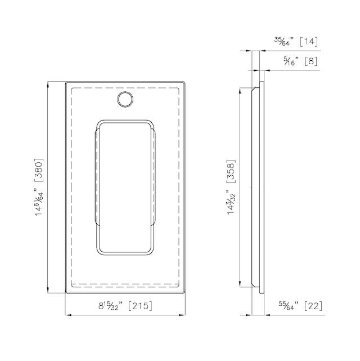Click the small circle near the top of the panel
tap(125, 99)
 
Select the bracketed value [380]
tap(38, 171)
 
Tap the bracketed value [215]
tap(139, 306)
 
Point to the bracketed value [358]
tap(231, 171)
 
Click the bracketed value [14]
tap(309, 42)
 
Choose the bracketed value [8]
tap(311, 61)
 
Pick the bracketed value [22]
tap(313, 306)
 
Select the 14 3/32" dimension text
tap(232, 203)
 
